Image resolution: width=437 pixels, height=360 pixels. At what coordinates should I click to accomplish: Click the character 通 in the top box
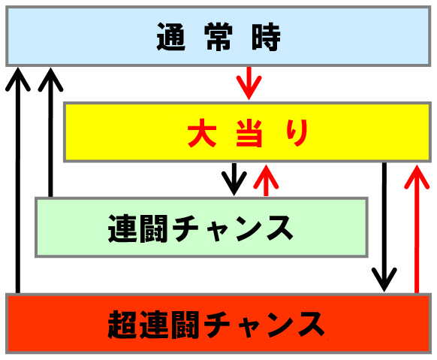171,37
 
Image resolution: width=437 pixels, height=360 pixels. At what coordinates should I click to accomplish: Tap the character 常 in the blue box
218,37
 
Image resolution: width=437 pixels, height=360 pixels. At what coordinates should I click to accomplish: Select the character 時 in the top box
266,37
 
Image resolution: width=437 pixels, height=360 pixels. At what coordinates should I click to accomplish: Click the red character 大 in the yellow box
202,133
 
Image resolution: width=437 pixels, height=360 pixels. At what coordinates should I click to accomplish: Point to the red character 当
249,133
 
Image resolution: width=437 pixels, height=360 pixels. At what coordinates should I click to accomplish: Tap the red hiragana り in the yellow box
297,133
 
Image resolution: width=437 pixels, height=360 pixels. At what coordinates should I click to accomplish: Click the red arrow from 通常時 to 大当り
249,83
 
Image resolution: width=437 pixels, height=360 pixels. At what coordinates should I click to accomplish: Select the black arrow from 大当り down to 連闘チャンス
234,179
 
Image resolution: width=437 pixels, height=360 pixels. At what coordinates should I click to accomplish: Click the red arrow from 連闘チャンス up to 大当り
266,180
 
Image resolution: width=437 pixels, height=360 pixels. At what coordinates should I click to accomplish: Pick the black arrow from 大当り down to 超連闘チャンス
384,227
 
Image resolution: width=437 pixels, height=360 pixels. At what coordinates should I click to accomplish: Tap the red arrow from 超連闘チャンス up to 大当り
417,229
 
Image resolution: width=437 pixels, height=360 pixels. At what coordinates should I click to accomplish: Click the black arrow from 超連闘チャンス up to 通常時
18,180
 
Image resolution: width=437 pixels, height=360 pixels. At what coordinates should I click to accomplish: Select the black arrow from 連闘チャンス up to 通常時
50,132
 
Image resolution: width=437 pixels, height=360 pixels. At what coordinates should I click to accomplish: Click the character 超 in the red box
122,325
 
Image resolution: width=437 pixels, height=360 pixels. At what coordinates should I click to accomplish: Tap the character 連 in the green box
122,228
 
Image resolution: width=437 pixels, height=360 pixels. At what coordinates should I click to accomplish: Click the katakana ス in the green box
280,229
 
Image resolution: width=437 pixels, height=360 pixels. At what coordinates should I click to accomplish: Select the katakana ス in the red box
312,325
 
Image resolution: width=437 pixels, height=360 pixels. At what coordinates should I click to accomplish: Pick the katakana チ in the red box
216,325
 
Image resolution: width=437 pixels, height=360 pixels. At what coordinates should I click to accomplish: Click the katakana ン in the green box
249,229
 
